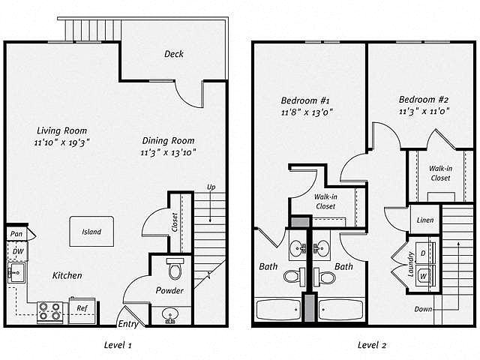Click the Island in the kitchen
point(91,232)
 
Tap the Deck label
point(174,54)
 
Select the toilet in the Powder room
point(175,268)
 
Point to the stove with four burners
point(50,312)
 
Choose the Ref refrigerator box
point(82,310)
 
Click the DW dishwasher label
point(18,251)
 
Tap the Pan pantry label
point(16,234)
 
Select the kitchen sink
point(16,272)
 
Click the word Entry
point(128,324)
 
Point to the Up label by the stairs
point(211,187)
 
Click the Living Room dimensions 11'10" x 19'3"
point(61,142)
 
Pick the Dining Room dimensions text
point(168,152)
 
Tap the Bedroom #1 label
point(305,100)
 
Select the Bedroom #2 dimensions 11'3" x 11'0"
point(424,111)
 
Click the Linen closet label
point(425,220)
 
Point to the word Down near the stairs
point(423,309)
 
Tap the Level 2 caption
point(372,345)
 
